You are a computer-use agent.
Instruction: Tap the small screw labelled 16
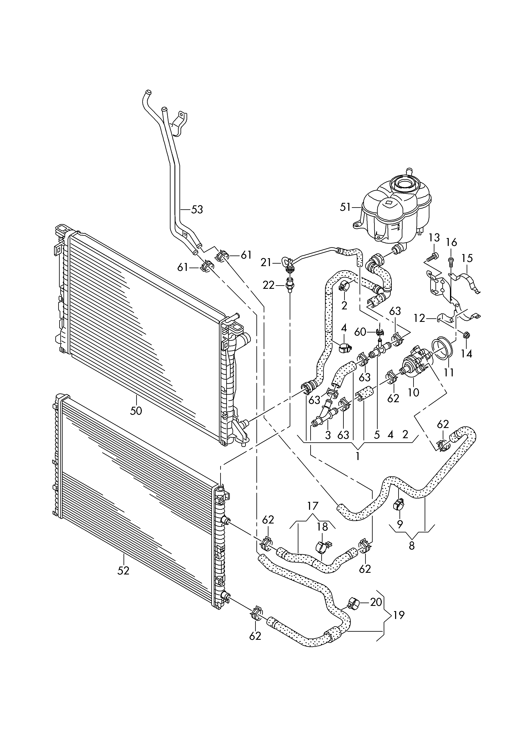[x=451, y=261]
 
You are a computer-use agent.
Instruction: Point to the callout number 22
[x=268, y=285]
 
